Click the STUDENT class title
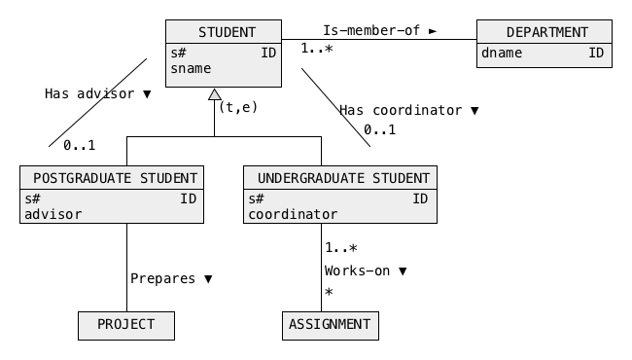point(227,32)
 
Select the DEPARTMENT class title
point(547,32)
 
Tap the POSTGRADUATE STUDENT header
point(115,178)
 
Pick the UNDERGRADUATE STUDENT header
point(343,178)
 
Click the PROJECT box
point(126,326)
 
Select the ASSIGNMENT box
point(331,326)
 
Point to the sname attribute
point(191,69)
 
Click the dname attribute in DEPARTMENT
point(502,53)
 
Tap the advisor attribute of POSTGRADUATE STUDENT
point(53,214)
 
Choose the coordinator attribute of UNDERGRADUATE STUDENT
point(293,214)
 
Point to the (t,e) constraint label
point(238,107)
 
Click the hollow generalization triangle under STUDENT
point(215,94)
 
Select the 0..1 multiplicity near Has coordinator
point(379,129)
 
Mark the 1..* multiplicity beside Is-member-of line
point(317,49)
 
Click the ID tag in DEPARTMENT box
point(596,53)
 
